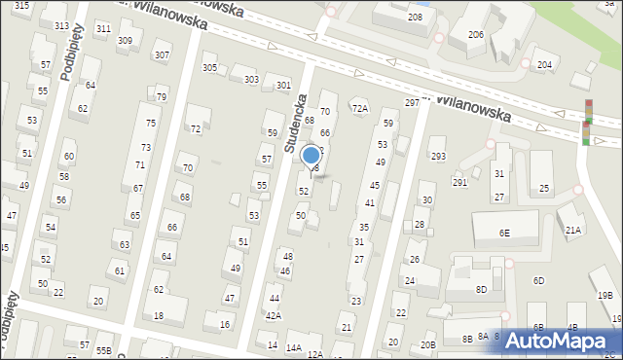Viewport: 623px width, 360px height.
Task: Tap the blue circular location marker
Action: coord(311,155)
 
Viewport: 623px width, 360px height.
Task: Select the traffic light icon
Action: coord(587,123)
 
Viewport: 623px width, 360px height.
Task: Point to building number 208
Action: coord(415,18)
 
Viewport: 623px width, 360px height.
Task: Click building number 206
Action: coord(476,34)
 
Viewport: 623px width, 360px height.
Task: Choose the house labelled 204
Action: coord(544,64)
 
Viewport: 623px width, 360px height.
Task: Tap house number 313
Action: coord(61,25)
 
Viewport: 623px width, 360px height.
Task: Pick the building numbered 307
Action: coord(162,54)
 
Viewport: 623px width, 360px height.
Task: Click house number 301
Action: coord(283,86)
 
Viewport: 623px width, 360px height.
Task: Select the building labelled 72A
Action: coord(360,108)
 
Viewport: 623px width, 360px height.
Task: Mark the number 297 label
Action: coord(412,102)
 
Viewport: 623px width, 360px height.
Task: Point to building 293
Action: coord(438,156)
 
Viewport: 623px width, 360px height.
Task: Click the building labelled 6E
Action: coord(504,233)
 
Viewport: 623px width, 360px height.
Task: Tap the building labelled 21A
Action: coord(574,230)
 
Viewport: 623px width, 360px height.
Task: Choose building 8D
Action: coord(481,289)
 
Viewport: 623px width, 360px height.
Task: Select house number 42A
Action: coord(274,315)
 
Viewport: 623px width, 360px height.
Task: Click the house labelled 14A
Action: coord(293,347)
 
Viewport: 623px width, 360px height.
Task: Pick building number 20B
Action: coord(427,344)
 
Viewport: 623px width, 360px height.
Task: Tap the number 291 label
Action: coord(459,182)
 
